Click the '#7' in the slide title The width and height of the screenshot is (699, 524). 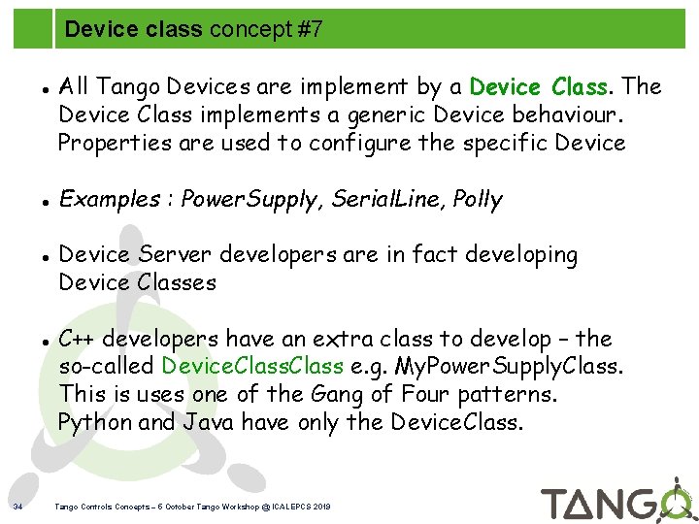pos(309,30)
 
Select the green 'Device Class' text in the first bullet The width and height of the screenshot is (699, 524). pos(539,87)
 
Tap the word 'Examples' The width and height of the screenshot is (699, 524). pos(109,200)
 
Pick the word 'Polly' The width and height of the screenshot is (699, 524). pos(479,200)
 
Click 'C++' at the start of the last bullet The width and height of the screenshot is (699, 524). pos(78,340)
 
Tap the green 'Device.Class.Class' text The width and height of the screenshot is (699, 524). pos(252,367)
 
